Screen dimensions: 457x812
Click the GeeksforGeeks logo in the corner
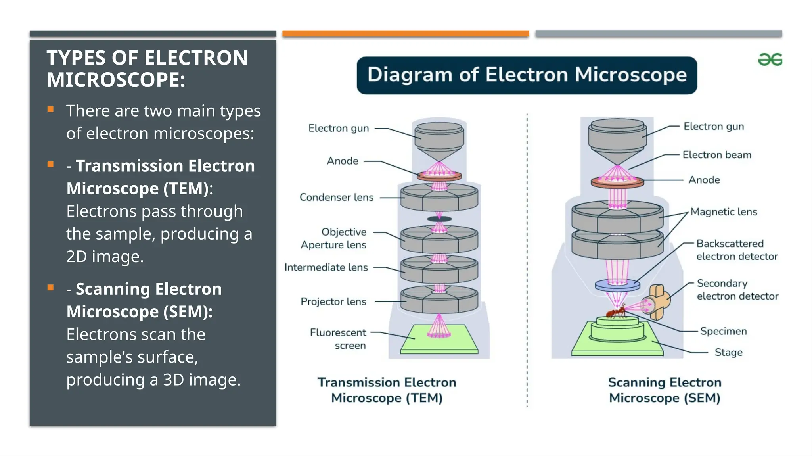pyautogui.click(x=770, y=60)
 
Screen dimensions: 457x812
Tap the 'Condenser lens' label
pyautogui.click(x=336, y=197)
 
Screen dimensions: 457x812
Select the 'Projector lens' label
pyautogui.click(x=333, y=301)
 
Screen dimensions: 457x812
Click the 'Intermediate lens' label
pyautogui.click(x=326, y=267)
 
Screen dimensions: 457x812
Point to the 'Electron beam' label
pyautogui.click(x=717, y=155)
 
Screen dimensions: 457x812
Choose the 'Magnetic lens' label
pyautogui.click(x=724, y=212)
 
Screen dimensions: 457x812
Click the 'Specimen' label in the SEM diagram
pyautogui.click(x=723, y=331)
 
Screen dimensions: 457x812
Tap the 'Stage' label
pyautogui.click(x=728, y=352)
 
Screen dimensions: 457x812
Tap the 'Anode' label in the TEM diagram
pyautogui.click(x=343, y=161)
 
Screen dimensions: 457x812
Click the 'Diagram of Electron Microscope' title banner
pyautogui.click(x=527, y=75)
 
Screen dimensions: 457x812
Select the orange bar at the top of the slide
pyautogui.click(x=406, y=34)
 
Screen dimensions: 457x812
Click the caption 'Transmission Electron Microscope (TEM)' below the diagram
pyautogui.click(x=387, y=390)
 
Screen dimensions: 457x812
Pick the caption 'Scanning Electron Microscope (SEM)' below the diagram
pyautogui.click(x=665, y=390)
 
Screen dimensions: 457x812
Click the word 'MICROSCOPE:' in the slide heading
pyautogui.click(x=116, y=80)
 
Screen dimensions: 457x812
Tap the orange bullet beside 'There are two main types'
pyautogui.click(x=50, y=109)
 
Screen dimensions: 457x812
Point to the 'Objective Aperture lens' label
pyautogui.click(x=333, y=238)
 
